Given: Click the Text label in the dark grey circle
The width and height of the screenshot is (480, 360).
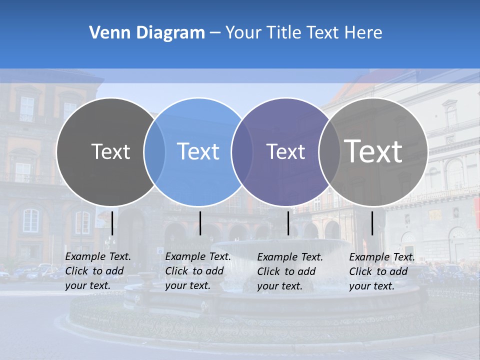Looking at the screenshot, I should (x=111, y=151).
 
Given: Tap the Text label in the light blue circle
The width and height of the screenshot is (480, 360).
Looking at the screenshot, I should (x=198, y=151).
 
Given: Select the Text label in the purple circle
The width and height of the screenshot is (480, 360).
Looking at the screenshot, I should (x=285, y=151).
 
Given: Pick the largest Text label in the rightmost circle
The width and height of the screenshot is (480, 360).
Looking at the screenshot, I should (x=373, y=151).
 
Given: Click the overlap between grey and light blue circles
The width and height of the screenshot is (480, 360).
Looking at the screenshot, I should (x=154, y=151).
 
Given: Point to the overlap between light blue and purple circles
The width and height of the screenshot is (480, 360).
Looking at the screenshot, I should (x=242, y=151).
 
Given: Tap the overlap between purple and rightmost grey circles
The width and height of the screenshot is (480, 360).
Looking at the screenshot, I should (x=329, y=151).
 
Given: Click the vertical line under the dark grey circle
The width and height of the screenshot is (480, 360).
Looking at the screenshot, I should (x=112, y=223).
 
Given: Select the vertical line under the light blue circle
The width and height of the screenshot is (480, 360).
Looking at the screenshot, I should (x=200, y=223).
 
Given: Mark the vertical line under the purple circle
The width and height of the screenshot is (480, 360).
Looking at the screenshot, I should (x=288, y=223).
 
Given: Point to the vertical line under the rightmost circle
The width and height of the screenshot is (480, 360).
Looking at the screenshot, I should (x=372, y=223).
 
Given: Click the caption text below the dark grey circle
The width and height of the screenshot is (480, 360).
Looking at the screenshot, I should (x=98, y=271).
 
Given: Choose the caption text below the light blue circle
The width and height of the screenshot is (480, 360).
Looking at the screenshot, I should (x=198, y=271).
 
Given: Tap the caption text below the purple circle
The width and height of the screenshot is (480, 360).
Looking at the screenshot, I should (x=290, y=271).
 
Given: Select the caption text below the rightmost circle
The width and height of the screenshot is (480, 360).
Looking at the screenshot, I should (x=382, y=271).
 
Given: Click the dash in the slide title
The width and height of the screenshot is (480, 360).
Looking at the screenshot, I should (x=215, y=33).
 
